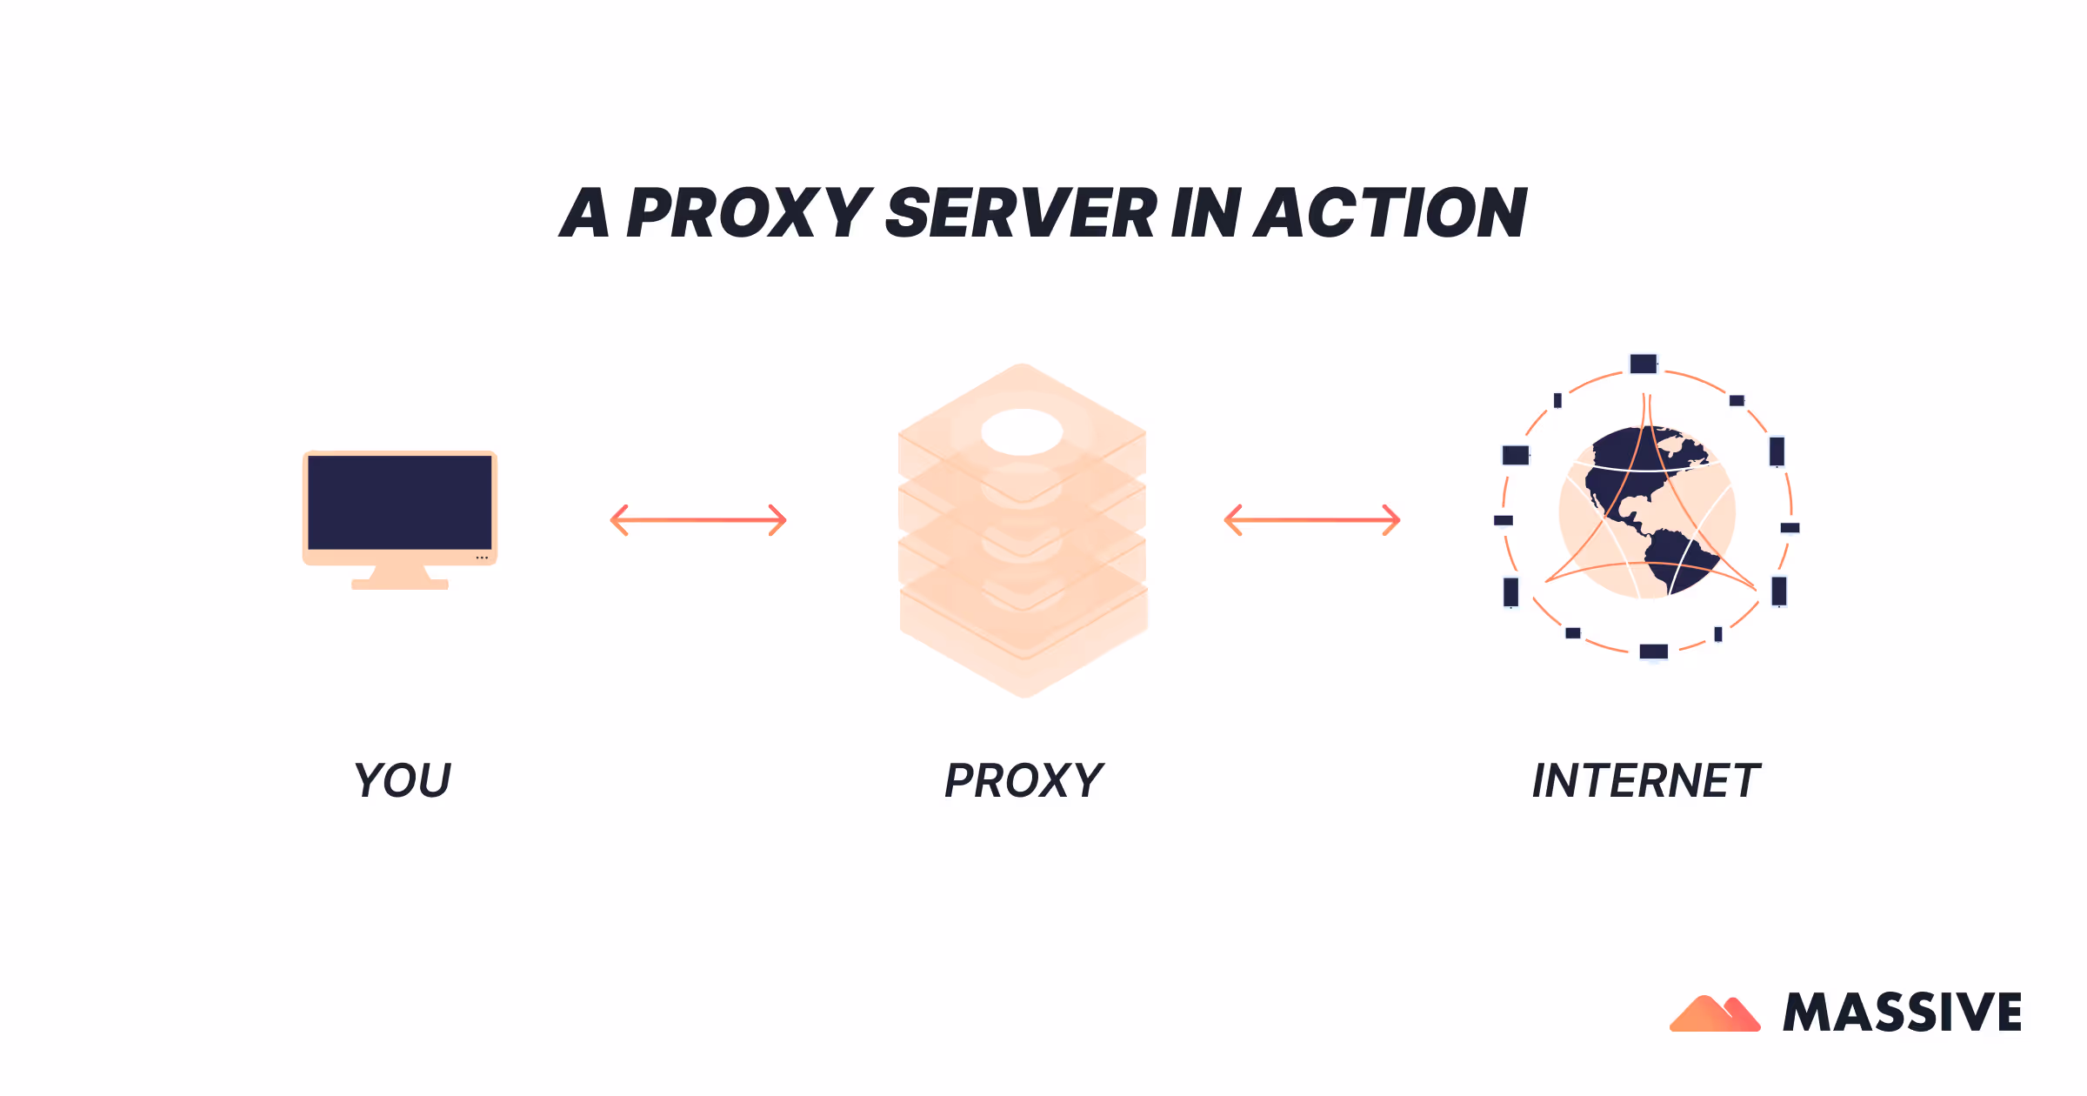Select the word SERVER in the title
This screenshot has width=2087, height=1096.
(x=1021, y=213)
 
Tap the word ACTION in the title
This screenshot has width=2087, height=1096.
(x=1390, y=213)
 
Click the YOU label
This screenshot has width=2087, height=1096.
(x=403, y=780)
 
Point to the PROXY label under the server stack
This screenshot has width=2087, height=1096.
(x=1023, y=780)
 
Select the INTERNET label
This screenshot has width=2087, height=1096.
(x=1645, y=780)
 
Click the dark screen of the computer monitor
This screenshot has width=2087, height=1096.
(x=400, y=503)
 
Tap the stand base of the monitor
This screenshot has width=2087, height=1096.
(x=400, y=585)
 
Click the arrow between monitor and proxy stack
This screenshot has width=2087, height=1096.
(x=698, y=520)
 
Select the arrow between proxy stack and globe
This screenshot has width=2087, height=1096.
(x=1312, y=520)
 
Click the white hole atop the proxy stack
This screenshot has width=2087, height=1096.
(x=1022, y=431)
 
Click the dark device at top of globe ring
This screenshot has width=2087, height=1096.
(x=1643, y=364)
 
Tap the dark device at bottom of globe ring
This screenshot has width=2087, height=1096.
(x=1653, y=652)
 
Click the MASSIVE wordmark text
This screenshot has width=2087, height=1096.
(x=1902, y=1012)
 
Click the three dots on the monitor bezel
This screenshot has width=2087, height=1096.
(x=482, y=558)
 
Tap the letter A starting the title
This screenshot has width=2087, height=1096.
(x=584, y=213)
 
